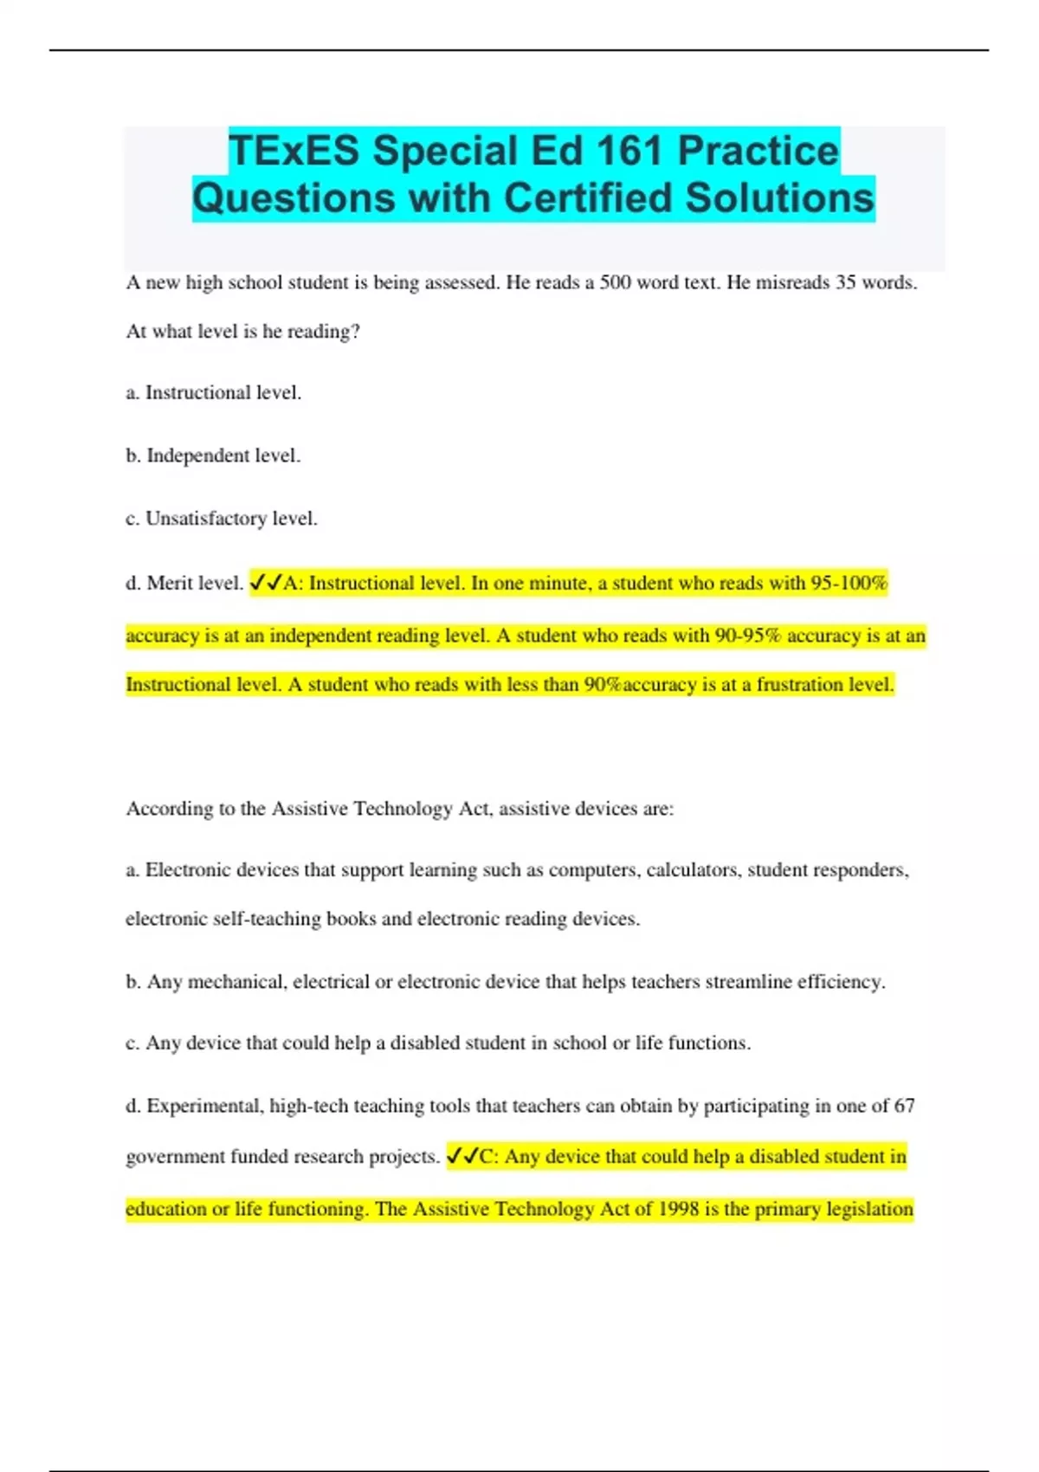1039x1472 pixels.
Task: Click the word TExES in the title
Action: coord(294,151)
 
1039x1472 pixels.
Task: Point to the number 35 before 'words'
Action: coord(846,282)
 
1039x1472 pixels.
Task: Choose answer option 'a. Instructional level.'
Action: coord(214,393)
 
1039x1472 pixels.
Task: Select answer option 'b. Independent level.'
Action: coord(214,455)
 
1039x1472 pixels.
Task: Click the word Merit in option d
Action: coord(170,583)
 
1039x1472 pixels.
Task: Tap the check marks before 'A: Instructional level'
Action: coord(266,583)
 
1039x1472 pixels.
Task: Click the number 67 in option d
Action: coord(904,1106)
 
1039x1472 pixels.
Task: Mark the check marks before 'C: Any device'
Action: coord(462,1157)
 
